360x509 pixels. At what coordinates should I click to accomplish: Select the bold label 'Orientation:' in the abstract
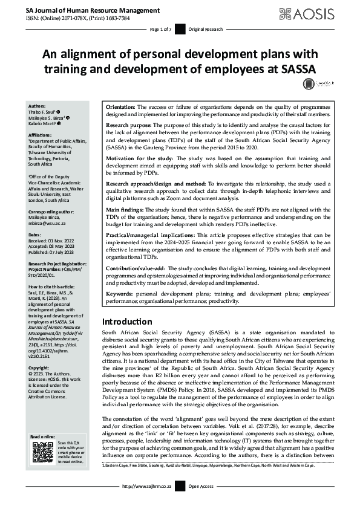pos(121,106)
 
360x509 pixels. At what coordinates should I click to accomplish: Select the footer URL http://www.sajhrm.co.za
pos(148,503)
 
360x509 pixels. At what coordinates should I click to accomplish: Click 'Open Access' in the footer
pos(201,503)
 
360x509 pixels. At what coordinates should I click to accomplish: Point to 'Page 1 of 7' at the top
pos(161,29)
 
